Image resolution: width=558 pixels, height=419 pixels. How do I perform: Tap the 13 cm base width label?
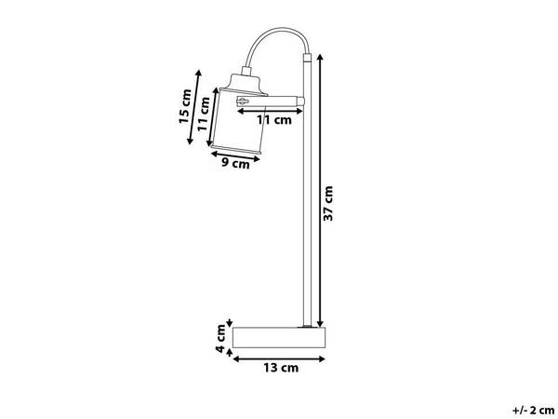click(x=278, y=367)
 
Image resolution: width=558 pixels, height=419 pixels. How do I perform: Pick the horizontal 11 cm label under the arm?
click(x=274, y=120)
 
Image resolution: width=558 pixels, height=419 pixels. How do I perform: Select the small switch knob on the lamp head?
click(x=245, y=101)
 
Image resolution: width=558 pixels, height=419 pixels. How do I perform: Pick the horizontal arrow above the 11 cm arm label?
click(x=270, y=109)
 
